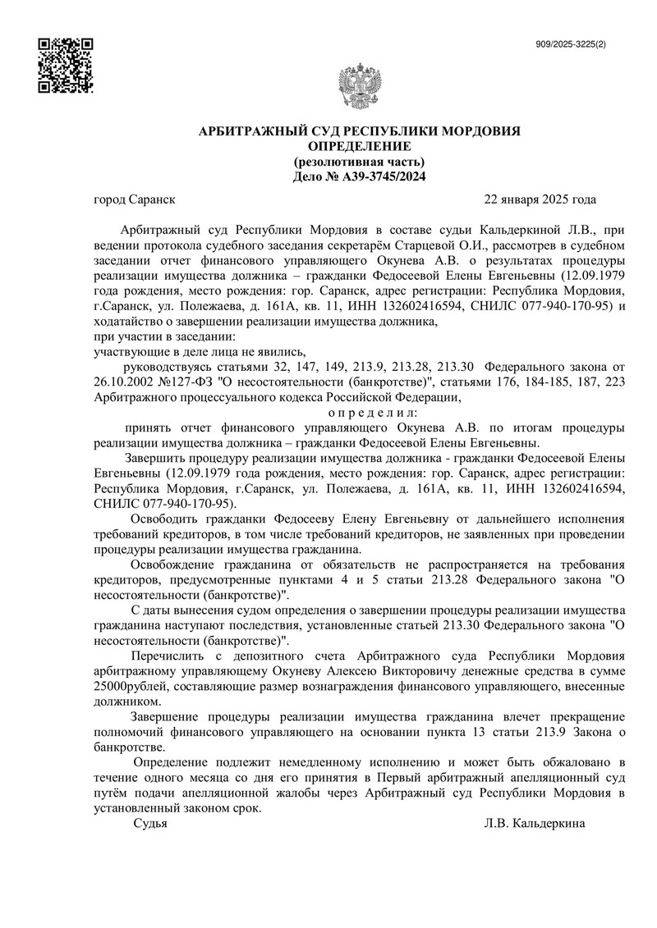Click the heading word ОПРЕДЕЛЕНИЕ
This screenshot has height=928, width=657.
point(361,146)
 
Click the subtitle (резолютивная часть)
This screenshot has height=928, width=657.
point(361,161)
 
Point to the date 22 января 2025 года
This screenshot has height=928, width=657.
point(540,199)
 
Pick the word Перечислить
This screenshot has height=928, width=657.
point(172,656)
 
